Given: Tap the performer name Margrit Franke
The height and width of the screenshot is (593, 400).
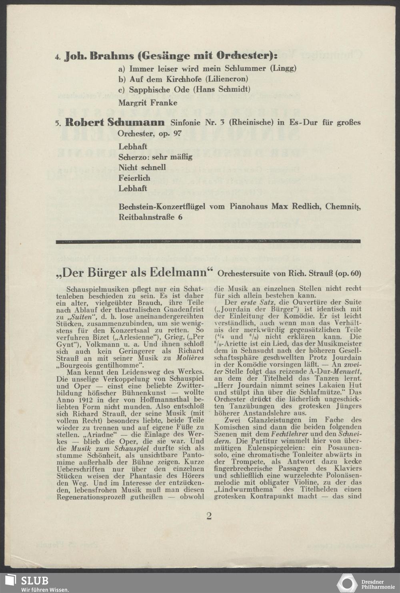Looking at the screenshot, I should pyautogui.click(x=148, y=103).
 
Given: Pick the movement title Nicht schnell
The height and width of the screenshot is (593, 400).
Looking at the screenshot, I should pyautogui.click(x=142, y=167).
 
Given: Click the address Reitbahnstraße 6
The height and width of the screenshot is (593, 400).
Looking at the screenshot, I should pyautogui.click(x=150, y=217).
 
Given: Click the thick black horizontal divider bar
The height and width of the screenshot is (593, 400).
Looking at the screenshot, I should pyautogui.click(x=208, y=241).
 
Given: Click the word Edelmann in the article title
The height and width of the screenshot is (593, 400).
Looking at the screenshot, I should pyautogui.click(x=178, y=273).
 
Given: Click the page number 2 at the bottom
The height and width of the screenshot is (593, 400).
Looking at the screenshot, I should pyautogui.click(x=209, y=515).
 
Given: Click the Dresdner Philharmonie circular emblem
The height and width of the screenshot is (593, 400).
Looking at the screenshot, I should pyautogui.click(x=347, y=583).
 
